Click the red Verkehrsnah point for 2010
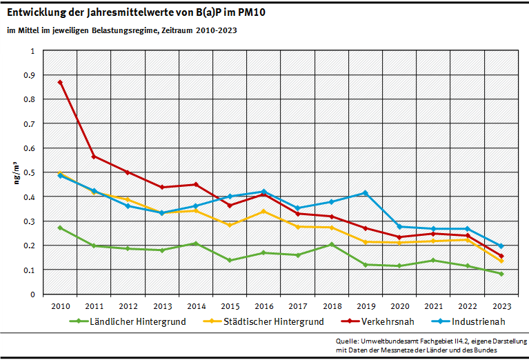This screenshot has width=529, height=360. (x=60, y=82)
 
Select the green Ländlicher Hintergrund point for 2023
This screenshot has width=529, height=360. (x=501, y=274)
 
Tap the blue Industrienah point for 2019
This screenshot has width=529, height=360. (x=366, y=193)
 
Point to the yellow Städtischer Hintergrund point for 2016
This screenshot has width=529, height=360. (x=263, y=211)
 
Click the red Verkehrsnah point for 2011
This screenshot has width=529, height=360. (x=94, y=157)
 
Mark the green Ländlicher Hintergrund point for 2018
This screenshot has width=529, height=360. (x=332, y=245)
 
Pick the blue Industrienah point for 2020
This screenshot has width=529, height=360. (x=399, y=227)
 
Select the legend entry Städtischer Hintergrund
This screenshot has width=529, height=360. (x=272, y=321)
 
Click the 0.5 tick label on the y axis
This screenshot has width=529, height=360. (x=30, y=172)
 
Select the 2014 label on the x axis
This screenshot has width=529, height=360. (x=196, y=306)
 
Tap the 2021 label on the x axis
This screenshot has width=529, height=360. (x=433, y=306)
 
